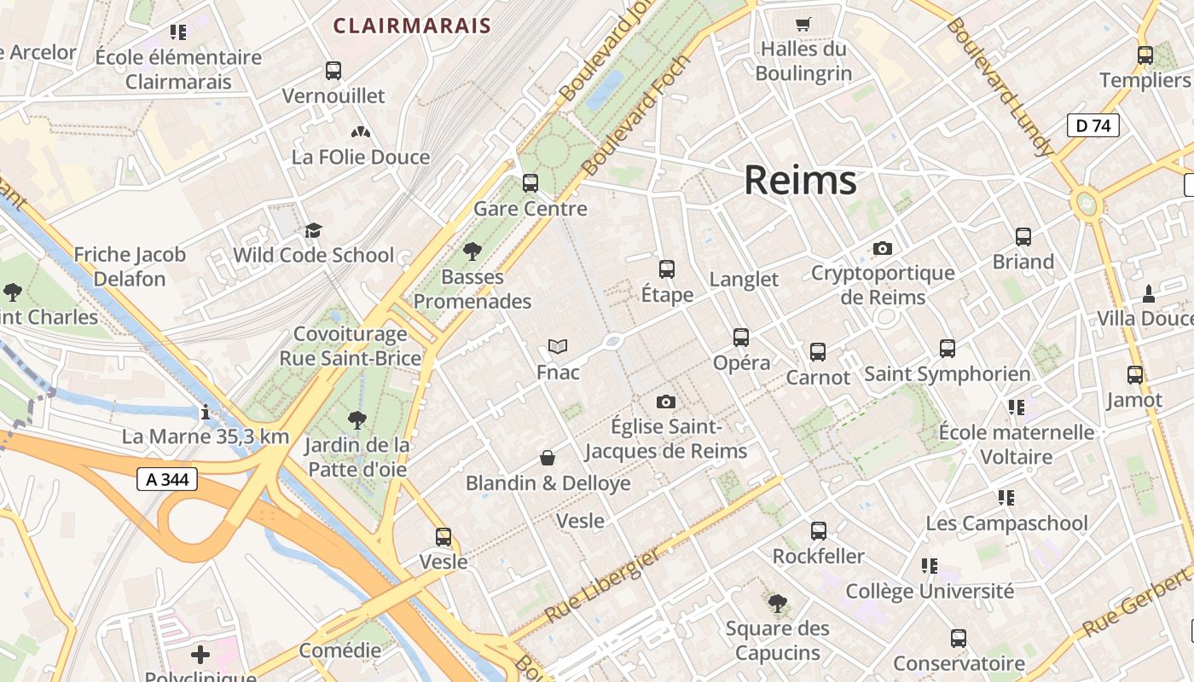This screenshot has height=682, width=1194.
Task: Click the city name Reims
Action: pyautogui.click(x=800, y=181)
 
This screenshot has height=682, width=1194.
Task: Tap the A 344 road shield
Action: pyautogui.click(x=167, y=479)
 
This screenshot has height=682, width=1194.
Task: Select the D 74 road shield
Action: pyautogui.click(x=1093, y=126)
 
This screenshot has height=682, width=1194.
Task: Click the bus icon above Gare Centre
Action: pyautogui.click(x=530, y=183)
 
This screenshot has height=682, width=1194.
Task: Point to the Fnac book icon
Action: pyautogui.click(x=558, y=347)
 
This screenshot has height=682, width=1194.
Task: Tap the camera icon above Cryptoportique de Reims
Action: pyautogui.click(x=883, y=249)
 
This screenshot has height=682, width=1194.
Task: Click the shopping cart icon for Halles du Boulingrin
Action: pyautogui.click(x=803, y=24)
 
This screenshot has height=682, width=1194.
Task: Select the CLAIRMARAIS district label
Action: pyautogui.click(x=412, y=26)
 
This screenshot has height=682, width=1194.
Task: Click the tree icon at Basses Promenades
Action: pyautogui.click(x=472, y=251)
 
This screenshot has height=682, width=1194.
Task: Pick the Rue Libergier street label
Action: pyautogui.click(x=602, y=586)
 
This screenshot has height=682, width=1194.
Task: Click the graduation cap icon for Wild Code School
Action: pyautogui.click(x=314, y=230)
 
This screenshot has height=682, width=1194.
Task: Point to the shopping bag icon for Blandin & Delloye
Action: pyautogui.click(x=548, y=459)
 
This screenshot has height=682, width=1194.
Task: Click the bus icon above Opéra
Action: pyautogui.click(x=741, y=338)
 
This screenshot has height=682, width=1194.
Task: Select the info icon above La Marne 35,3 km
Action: pyautogui.click(x=205, y=413)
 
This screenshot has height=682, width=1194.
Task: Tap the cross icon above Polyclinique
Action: pyautogui.click(x=200, y=655)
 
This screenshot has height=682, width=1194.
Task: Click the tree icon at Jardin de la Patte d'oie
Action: pyautogui.click(x=357, y=419)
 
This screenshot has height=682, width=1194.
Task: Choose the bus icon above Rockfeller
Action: pyautogui.click(x=819, y=531)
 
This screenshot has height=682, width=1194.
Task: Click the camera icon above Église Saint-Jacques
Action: pyautogui.click(x=666, y=402)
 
